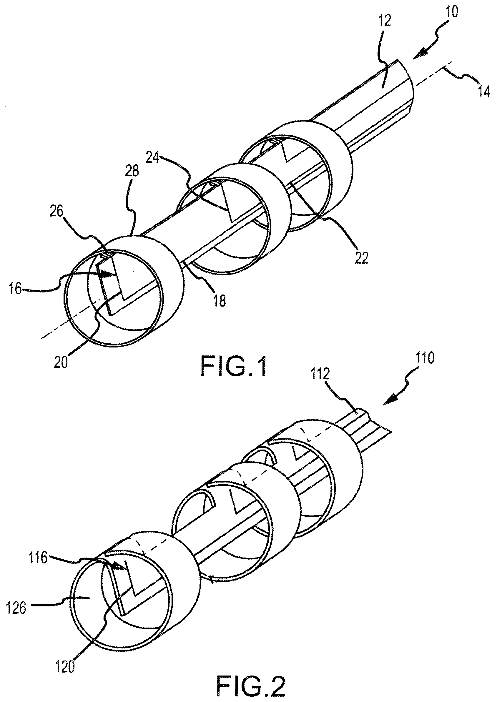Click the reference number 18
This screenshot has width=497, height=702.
pos(220,300)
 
